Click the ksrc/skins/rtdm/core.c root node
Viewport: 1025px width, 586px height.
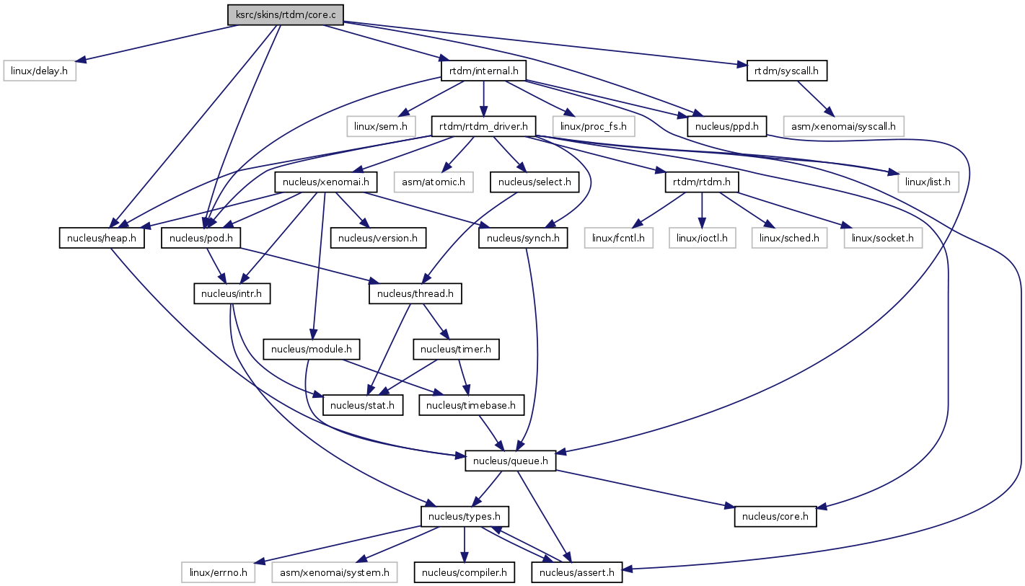285,15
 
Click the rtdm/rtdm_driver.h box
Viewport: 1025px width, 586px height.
483,126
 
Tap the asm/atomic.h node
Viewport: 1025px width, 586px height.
433,182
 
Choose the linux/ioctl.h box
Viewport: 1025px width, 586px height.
703,238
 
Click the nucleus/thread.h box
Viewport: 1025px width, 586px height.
415,293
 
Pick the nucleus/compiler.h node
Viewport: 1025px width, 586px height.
464,573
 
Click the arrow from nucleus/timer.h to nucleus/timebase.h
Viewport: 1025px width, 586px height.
464,377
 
